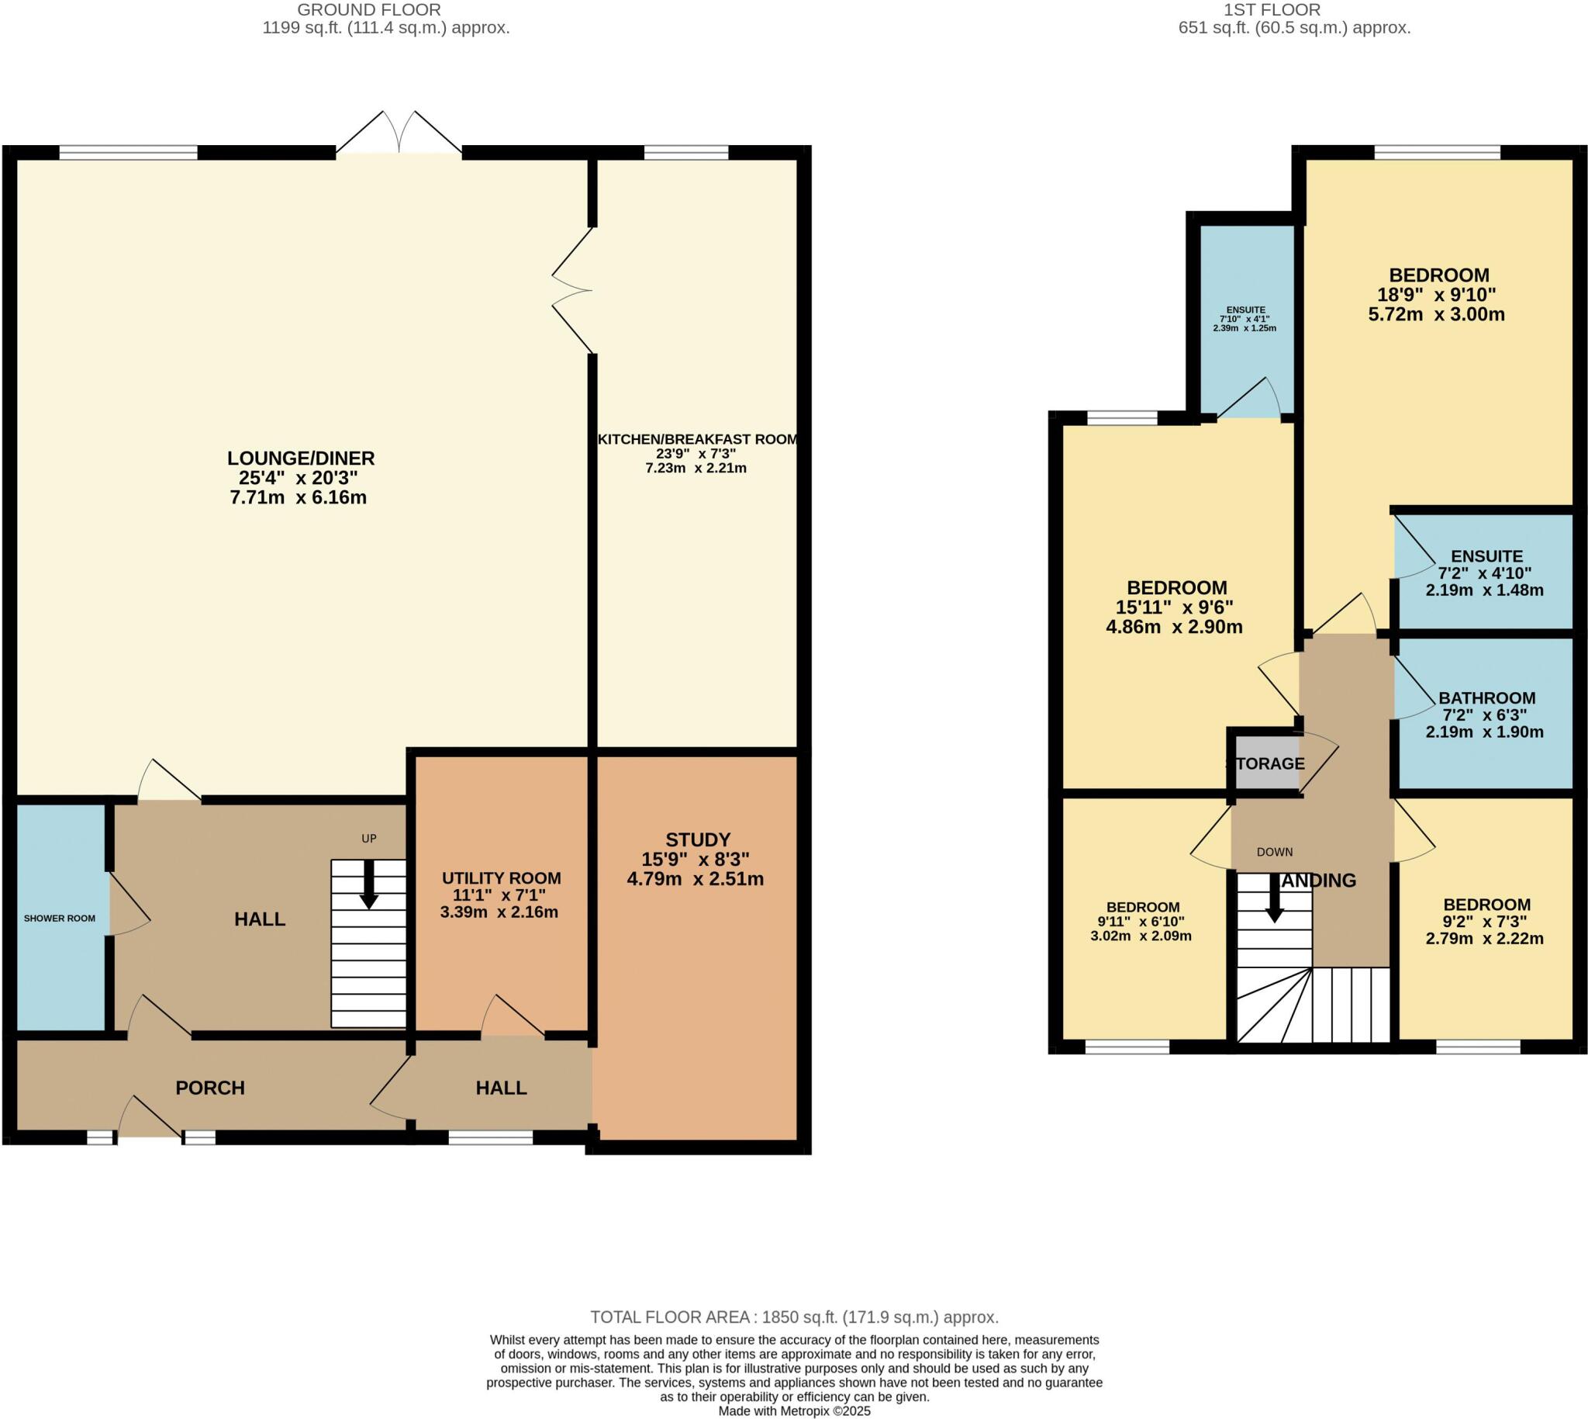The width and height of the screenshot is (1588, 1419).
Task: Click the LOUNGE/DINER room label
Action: (x=300, y=459)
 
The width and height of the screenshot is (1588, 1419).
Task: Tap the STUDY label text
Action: (x=697, y=839)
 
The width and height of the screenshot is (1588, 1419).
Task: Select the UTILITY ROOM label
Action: (x=501, y=878)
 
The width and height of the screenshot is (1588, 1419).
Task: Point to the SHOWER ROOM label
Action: (x=59, y=919)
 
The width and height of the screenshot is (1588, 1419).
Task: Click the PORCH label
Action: (x=209, y=1088)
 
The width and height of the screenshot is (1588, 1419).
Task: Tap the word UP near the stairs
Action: (x=368, y=839)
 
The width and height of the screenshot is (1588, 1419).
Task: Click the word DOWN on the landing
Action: (x=1274, y=852)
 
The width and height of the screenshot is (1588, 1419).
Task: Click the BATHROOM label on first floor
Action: (x=1486, y=697)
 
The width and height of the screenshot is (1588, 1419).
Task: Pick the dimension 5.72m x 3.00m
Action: (x=1436, y=315)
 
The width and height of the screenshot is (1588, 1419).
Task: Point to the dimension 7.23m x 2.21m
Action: (x=695, y=469)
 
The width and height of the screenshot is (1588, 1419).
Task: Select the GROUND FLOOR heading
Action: (x=368, y=10)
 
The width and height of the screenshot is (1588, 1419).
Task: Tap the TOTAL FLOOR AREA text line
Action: (x=793, y=1317)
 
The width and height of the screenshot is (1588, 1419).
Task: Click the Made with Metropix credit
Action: (x=793, y=1411)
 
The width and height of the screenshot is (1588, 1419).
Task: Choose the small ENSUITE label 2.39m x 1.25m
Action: (x=1245, y=328)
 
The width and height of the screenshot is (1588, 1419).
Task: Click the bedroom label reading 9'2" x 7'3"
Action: (x=1484, y=921)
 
